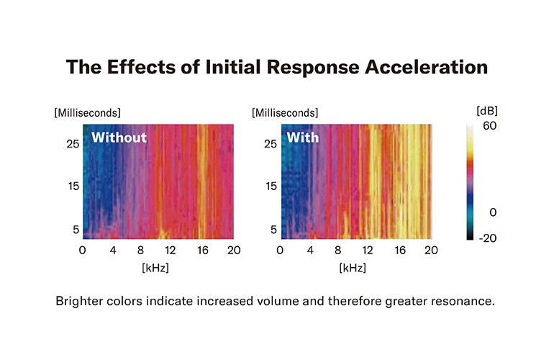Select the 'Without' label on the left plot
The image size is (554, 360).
pos(119,137)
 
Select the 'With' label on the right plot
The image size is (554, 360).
pos(302,137)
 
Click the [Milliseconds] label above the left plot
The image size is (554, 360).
pos(86,113)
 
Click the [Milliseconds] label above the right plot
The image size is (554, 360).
pos(284,113)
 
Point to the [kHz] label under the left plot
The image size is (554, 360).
pos(158,267)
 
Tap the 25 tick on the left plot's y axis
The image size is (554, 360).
pos(71,143)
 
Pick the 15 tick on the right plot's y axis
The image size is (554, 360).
pos(268,186)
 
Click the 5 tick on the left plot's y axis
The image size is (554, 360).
pos(73,230)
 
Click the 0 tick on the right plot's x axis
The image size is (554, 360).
pos(280,250)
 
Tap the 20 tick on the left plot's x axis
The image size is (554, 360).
pos(233,250)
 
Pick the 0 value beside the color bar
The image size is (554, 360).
pos(492,212)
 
